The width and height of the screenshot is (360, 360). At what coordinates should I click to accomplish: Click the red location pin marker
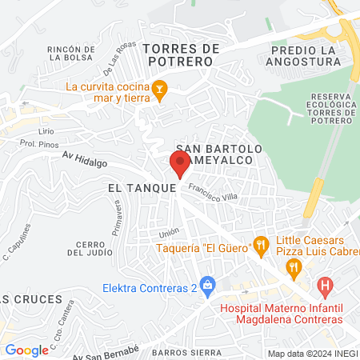[x=178, y=162]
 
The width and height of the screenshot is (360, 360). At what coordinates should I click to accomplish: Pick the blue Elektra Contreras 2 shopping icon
[x=207, y=284]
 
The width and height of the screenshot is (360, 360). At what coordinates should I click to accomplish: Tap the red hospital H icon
[x=324, y=285]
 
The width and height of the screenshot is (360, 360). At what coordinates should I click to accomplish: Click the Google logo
[x=26, y=350]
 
